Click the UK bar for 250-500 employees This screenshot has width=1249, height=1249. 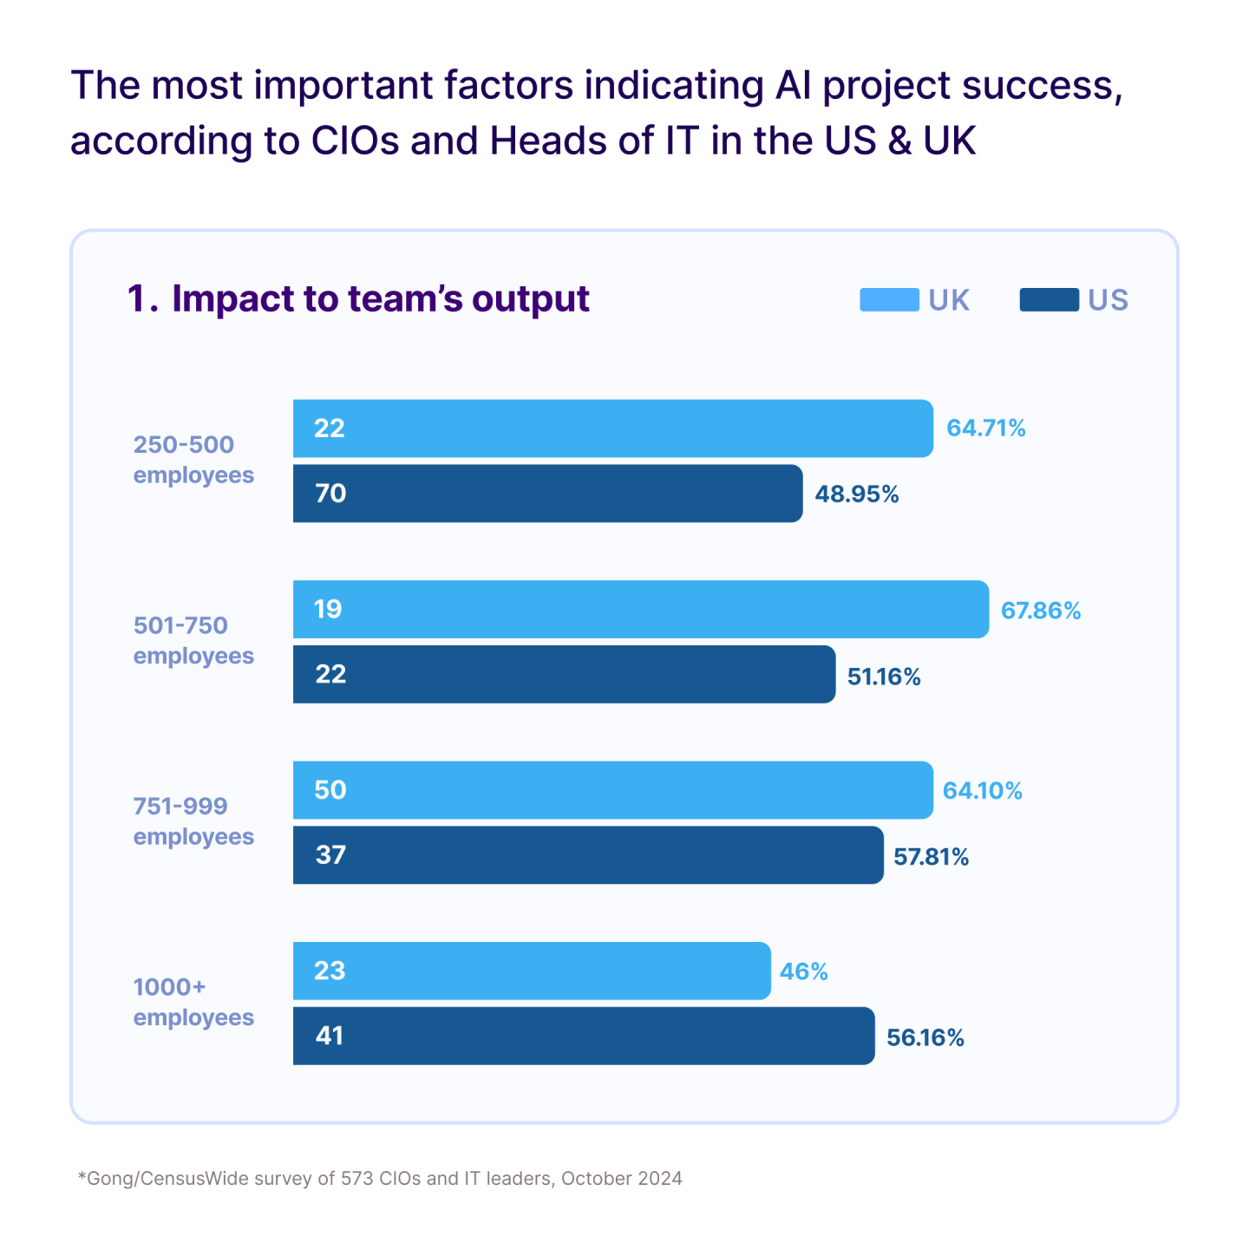[x=612, y=428]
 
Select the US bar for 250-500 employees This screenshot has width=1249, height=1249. [x=547, y=494]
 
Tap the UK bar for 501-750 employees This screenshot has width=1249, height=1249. [x=640, y=610]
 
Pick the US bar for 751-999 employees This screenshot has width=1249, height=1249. [x=588, y=855]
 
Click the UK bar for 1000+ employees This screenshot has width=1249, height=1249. [x=531, y=971]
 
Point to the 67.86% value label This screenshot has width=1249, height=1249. [x=1041, y=611]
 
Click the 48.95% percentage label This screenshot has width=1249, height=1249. [x=856, y=494]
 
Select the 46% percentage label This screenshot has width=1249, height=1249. [x=803, y=971]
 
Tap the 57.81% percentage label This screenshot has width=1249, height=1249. [x=931, y=857]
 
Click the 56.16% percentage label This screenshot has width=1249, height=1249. [x=925, y=1037]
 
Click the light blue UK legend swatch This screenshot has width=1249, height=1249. [x=889, y=300]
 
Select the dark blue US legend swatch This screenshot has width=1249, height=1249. [x=1049, y=300]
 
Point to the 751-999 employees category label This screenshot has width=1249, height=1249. [x=193, y=821]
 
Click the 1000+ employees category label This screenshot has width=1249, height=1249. [x=193, y=1002]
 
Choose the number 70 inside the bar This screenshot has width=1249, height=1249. [x=330, y=494]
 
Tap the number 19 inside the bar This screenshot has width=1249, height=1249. [x=328, y=610]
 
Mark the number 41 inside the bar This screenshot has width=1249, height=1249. [x=330, y=1036]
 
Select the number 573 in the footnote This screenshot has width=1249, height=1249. [x=358, y=1179]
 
